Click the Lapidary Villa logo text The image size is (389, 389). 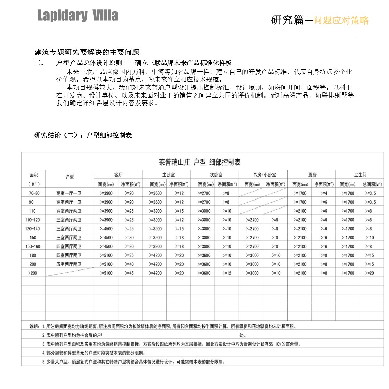(78, 16)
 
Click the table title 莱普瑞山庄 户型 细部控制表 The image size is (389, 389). (200, 162)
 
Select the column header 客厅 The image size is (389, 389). (118, 175)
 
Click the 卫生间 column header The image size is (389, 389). (360, 175)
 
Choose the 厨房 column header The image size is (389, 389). (312, 175)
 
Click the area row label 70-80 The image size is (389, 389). (34, 193)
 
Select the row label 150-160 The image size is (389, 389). (33, 246)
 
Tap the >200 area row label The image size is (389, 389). (33, 273)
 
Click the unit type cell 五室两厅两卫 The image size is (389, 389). (69, 264)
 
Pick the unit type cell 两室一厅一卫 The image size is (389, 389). (69, 193)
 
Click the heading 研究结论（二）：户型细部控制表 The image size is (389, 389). (83, 135)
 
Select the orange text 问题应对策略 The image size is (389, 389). (341, 20)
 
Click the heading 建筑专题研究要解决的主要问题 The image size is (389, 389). (87, 52)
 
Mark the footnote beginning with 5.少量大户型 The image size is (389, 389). (134, 362)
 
